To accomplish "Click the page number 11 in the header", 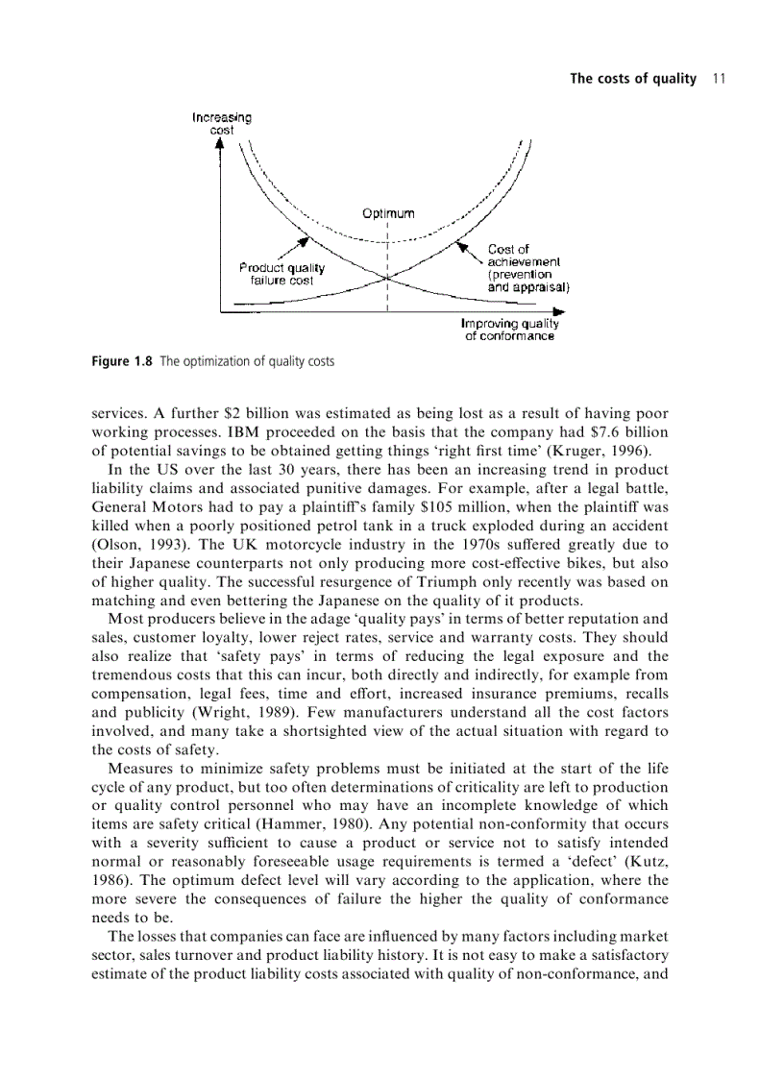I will click(718, 79).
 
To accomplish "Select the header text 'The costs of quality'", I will click(633, 79).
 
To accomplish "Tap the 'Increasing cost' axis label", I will click(222, 124).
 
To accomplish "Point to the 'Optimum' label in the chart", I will click(388, 212).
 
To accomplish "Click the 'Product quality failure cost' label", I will click(282, 274).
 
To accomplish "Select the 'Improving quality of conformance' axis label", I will click(509, 330).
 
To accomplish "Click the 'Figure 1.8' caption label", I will click(122, 361).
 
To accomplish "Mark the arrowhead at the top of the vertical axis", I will click(221, 145).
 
